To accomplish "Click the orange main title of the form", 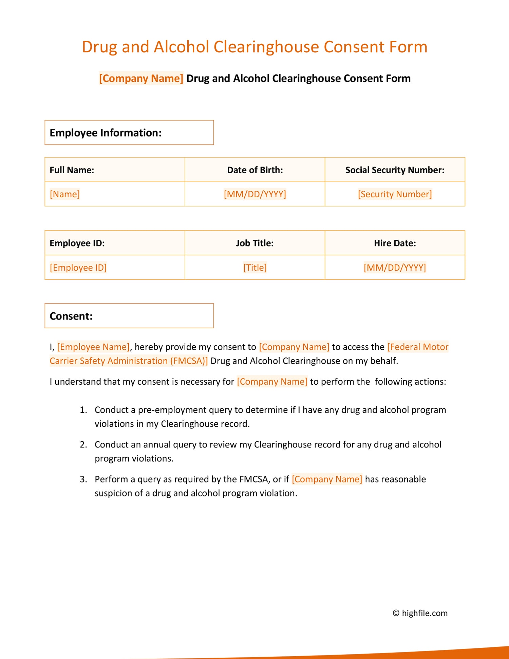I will click(x=254, y=47).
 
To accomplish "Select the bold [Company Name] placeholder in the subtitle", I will click(x=141, y=78).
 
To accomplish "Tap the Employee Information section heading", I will click(x=106, y=133).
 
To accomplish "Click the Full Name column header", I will click(x=72, y=170).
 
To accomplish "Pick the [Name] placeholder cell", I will click(x=65, y=194).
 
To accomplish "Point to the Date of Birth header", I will click(x=255, y=170).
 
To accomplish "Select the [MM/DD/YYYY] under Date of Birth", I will click(x=255, y=194).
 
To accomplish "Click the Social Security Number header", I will click(x=395, y=170).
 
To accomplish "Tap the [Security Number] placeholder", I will click(x=395, y=194).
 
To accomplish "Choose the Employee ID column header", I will click(x=77, y=243).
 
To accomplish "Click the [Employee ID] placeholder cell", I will click(x=78, y=268).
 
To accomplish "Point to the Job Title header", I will click(x=255, y=243).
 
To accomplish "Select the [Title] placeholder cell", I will click(x=255, y=268).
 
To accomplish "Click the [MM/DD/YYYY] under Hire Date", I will click(x=395, y=268).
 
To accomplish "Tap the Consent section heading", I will click(x=71, y=316).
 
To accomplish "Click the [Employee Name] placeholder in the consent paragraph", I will click(x=93, y=347).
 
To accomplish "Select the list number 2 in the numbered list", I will click(x=83, y=444).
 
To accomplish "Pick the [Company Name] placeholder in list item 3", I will click(x=327, y=479).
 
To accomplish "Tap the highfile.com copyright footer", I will click(x=420, y=613).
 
